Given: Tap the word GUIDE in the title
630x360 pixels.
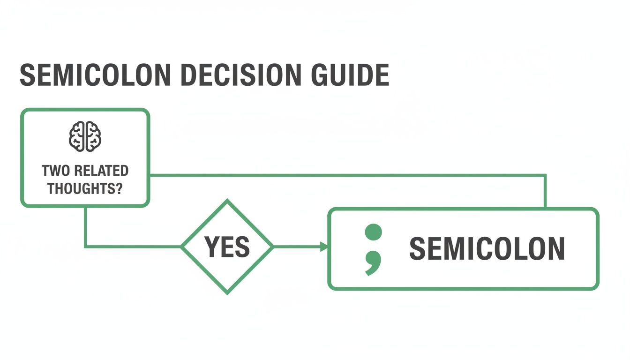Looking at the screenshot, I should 347,75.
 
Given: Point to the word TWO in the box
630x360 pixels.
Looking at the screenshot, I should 52,171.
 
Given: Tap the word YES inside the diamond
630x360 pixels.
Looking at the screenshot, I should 227,247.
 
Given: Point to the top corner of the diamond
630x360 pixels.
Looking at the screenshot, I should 227,201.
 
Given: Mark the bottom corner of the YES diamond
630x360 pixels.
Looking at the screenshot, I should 227,293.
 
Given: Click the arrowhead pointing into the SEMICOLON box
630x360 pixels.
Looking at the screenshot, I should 324,247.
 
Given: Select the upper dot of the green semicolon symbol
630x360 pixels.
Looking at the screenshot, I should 373,232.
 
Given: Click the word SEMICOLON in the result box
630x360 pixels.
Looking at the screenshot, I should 487,248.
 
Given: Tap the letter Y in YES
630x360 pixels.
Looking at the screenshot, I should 211,247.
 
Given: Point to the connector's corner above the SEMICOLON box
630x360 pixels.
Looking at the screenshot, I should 546,175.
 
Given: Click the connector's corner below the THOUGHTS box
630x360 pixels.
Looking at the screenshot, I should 85,247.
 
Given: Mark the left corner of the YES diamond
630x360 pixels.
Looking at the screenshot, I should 182,247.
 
